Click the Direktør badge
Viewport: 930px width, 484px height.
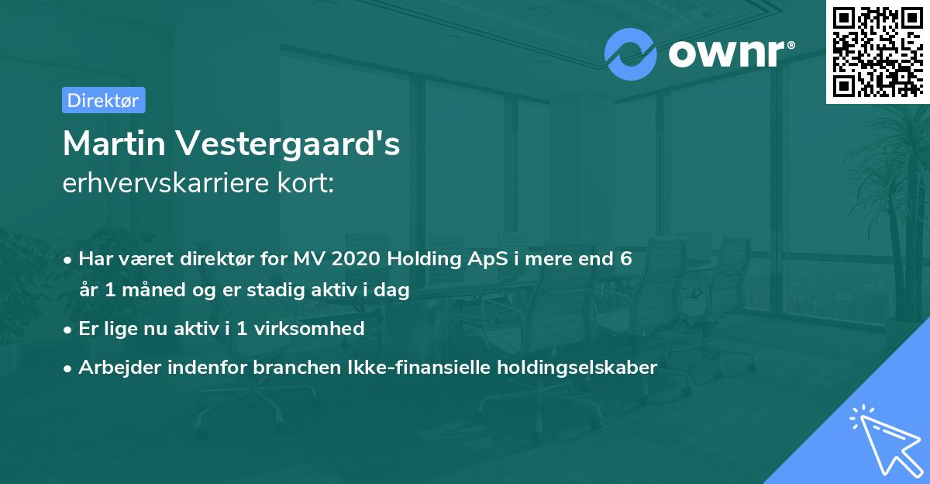pyautogui.click(x=103, y=100)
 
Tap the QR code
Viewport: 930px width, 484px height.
pyautogui.click(x=877, y=51)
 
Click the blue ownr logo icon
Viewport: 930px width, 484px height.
pyautogui.click(x=631, y=54)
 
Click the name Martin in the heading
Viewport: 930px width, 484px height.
pyautogui.click(x=117, y=143)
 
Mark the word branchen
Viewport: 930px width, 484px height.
pyautogui.click(x=289, y=368)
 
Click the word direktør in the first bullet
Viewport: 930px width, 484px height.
pyautogui.click(x=215, y=259)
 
